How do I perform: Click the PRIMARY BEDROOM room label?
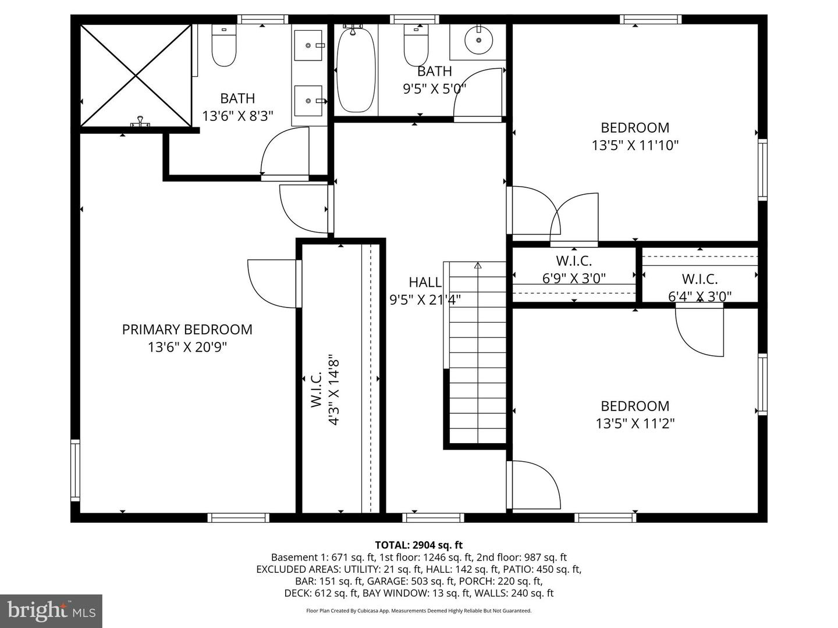click(x=187, y=330)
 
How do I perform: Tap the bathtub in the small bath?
click(x=356, y=69)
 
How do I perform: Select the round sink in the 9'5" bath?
click(x=478, y=40)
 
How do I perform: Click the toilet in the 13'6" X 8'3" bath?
click(x=223, y=47)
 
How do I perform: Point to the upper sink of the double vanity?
click(x=308, y=45)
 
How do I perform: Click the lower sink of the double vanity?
click(x=308, y=102)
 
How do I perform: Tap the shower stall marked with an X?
click(x=136, y=75)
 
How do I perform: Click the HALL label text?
click(x=425, y=283)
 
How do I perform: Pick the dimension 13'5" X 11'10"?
click(x=635, y=145)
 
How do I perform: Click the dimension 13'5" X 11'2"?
click(x=635, y=424)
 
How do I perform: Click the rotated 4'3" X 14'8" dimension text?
click(x=334, y=390)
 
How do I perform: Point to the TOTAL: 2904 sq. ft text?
click(x=418, y=545)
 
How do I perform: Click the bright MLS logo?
click(x=51, y=611)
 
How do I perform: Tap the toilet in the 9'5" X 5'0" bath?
click(x=416, y=47)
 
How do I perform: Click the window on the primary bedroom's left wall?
click(x=75, y=470)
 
